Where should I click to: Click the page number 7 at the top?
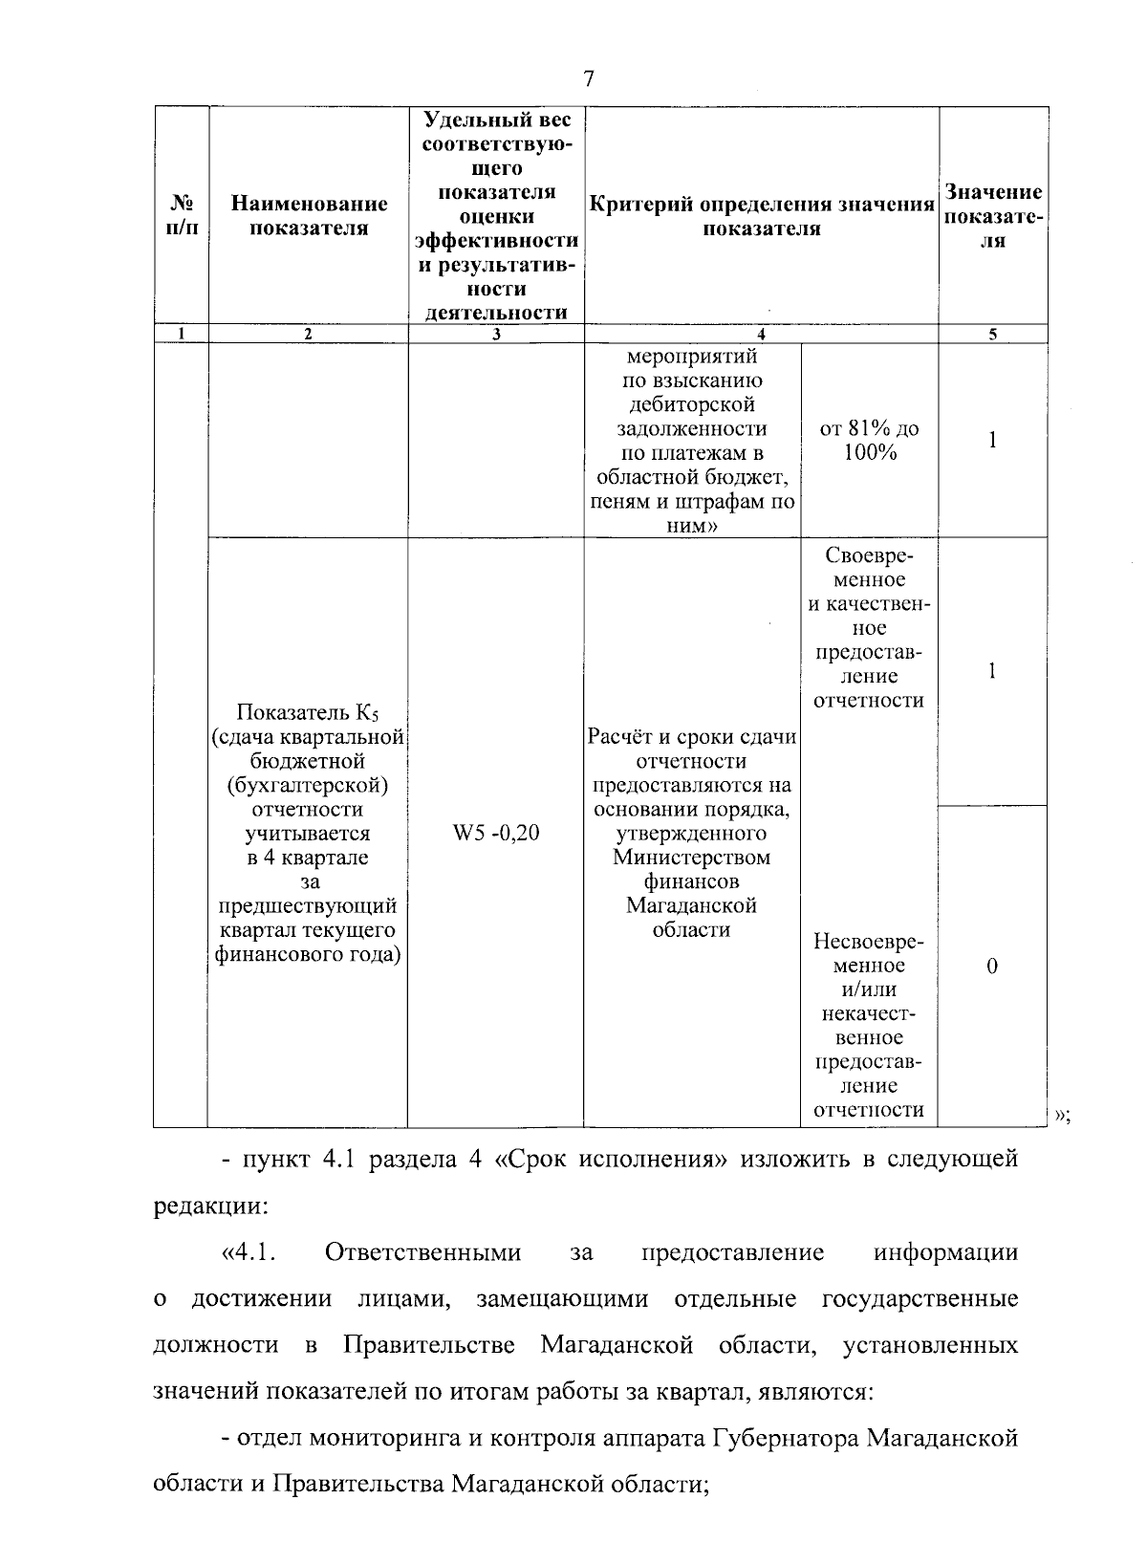click(x=588, y=78)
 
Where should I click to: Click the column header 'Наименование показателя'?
click(x=309, y=215)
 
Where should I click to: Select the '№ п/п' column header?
click(x=182, y=217)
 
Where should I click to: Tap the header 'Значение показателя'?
click(x=993, y=217)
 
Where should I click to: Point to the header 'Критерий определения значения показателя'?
click(x=761, y=217)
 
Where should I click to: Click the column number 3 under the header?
click(x=495, y=334)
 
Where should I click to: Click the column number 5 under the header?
click(x=992, y=334)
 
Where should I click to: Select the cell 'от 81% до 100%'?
click(x=870, y=441)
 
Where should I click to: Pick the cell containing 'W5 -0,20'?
click(x=495, y=834)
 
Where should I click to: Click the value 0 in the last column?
click(x=992, y=967)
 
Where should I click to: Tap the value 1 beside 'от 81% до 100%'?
click(x=992, y=441)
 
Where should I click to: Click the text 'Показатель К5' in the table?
click(x=308, y=713)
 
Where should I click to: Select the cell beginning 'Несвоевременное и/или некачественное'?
click(x=869, y=1025)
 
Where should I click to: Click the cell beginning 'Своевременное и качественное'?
click(x=869, y=628)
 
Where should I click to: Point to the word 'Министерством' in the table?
click(x=691, y=858)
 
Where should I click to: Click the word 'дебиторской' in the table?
click(x=691, y=405)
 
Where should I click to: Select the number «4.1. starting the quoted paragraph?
click(x=249, y=1252)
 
